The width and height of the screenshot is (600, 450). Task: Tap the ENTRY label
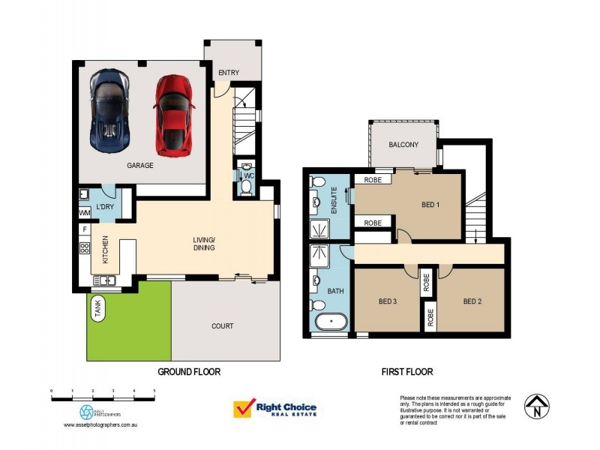pyautogui.click(x=228, y=73)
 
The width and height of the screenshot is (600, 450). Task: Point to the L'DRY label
pyautogui.click(x=104, y=208)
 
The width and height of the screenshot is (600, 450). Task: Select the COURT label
pyautogui.click(x=222, y=326)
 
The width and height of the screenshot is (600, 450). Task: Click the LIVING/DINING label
pyautogui.click(x=204, y=243)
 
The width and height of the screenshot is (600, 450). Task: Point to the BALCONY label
pyautogui.click(x=403, y=145)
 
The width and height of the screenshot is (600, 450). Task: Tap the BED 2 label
pyautogui.click(x=472, y=302)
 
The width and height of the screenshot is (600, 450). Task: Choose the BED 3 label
pyautogui.click(x=387, y=302)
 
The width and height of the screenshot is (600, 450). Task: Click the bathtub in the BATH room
pyautogui.click(x=331, y=323)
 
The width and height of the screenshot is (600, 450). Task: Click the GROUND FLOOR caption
pyautogui.click(x=189, y=371)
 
